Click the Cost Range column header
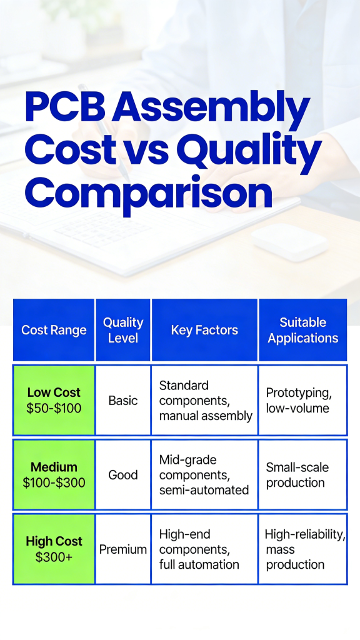54,330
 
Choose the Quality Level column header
123,330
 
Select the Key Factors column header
204,330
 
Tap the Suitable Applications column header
302,330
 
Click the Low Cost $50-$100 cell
54,401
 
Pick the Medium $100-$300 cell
54,474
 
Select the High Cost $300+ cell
54,549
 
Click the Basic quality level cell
123,401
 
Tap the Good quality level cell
123,474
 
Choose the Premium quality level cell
123,549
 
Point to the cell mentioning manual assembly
205,401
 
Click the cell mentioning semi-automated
205,474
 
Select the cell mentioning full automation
205,549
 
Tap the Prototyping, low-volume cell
302,401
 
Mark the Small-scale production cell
302,474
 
